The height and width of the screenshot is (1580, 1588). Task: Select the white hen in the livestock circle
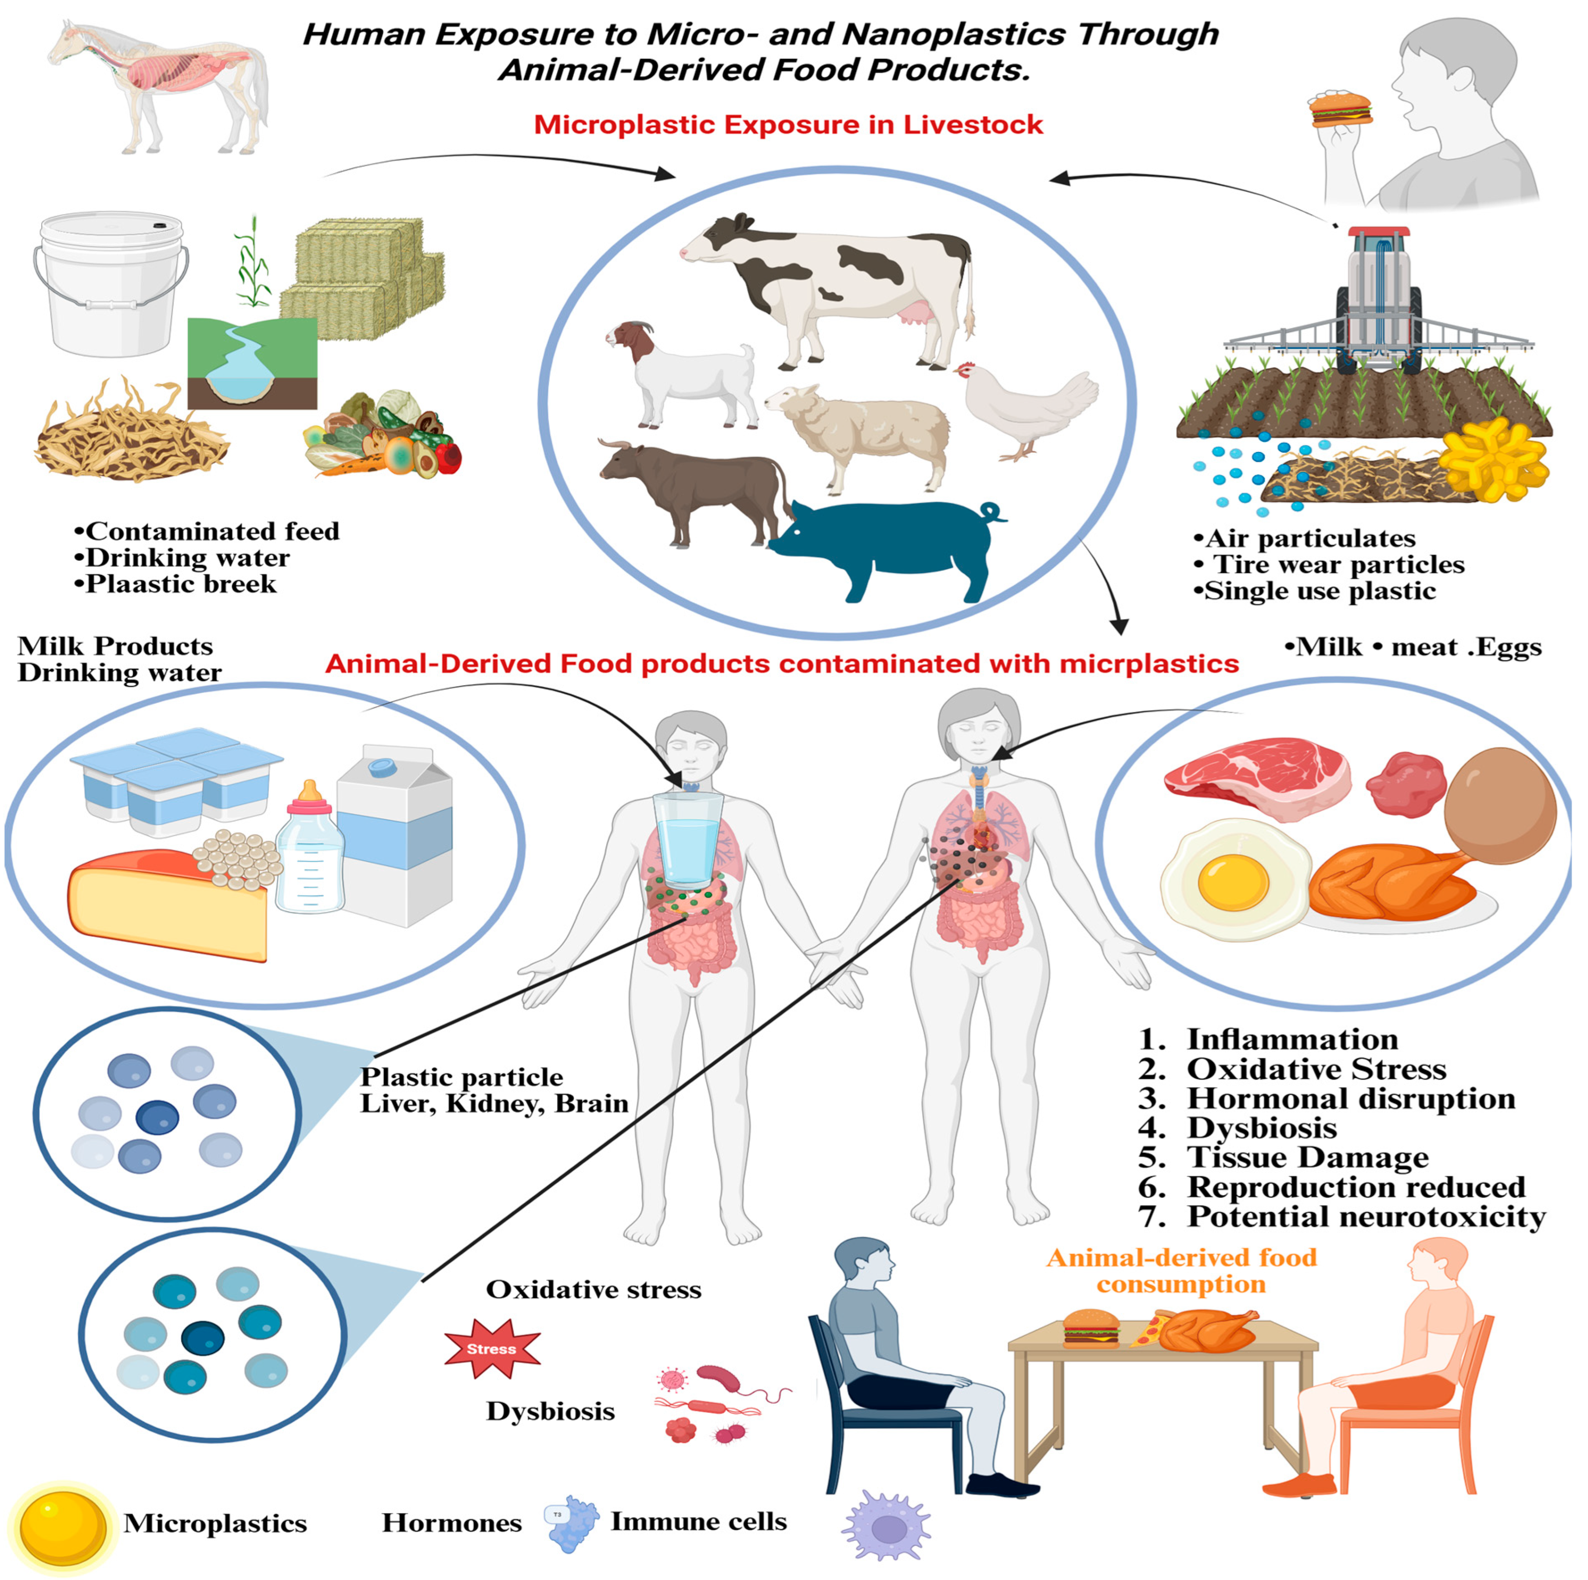1027,407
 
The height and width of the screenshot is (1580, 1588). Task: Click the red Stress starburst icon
491,1348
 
